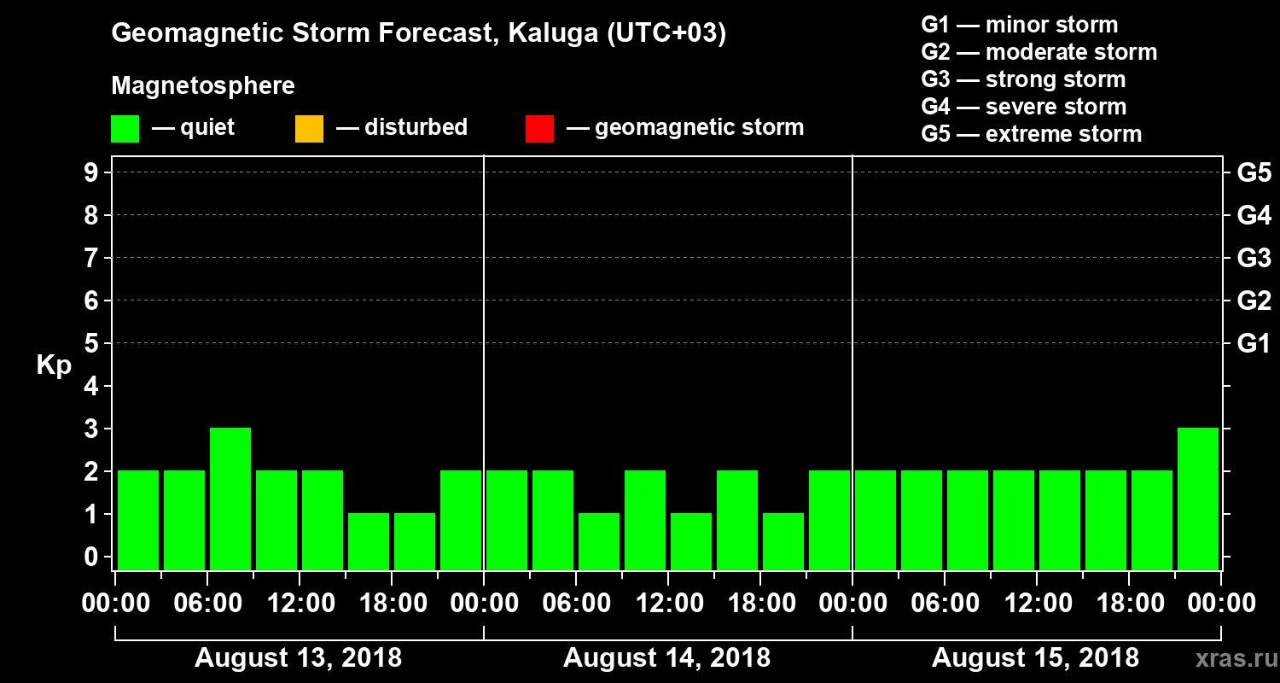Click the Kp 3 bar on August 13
click(x=230, y=499)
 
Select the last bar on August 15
click(x=1198, y=499)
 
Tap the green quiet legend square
click(x=125, y=129)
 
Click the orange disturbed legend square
click(x=309, y=129)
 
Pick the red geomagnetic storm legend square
click(x=539, y=129)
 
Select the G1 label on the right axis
click(x=1254, y=344)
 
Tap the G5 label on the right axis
click(x=1254, y=173)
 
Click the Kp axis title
click(x=54, y=366)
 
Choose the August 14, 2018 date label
click(x=666, y=658)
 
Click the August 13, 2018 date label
click(x=298, y=658)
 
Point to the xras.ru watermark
click(x=1229, y=658)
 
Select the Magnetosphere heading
click(x=203, y=86)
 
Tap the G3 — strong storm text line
click(x=1023, y=79)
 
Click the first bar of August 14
click(x=507, y=520)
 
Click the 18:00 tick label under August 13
click(x=393, y=604)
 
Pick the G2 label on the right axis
click(x=1254, y=301)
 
